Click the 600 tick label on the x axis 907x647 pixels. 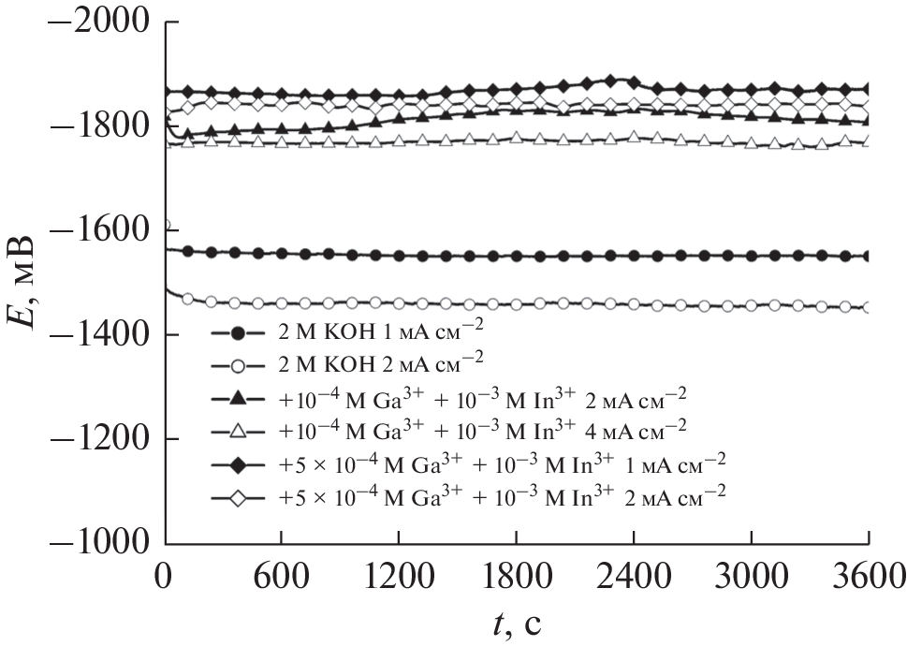[282, 573]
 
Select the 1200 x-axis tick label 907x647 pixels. [399, 573]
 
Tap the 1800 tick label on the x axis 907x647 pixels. [517, 573]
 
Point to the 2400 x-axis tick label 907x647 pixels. [634, 573]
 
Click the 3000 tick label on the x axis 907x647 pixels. [752, 573]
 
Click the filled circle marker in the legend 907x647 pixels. [238, 333]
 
